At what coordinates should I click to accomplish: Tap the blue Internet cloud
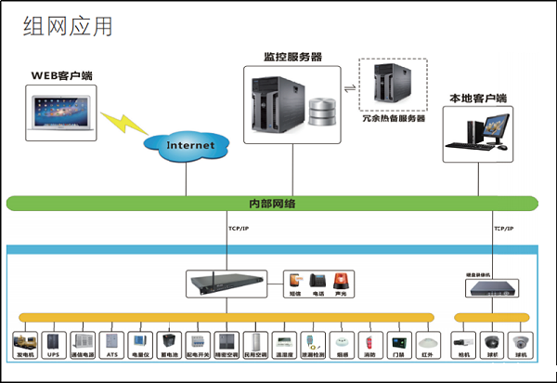click(189, 145)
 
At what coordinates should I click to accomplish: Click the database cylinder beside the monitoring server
click(323, 111)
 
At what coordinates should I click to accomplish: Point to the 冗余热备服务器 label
click(394, 118)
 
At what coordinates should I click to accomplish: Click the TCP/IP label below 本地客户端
click(504, 228)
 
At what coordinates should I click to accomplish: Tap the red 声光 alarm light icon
click(341, 281)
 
